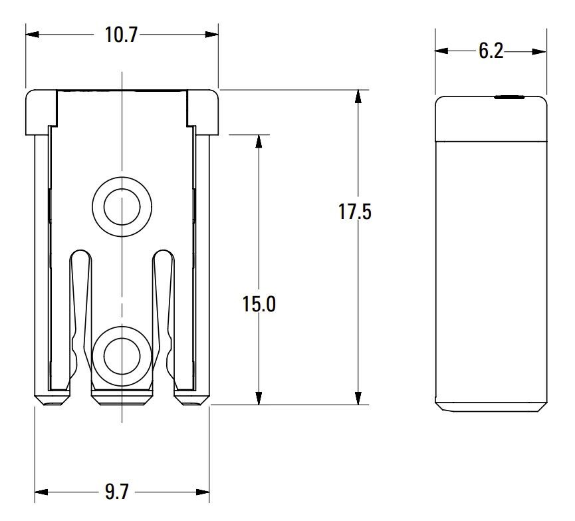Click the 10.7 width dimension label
pyautogui.click(x=121, y=35)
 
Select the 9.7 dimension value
pyautogui.click(x=116, y=492)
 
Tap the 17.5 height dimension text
pyautogui.click(x=354, y=212)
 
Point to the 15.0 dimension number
pyautogui.click(x=259, y=304)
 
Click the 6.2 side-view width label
pyautogui.click(x=491, y=51)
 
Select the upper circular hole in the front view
pyautogui.click(x=121, y=206)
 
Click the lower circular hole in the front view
pyautogui.click(x=121, y=355)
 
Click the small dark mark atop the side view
pyautogui.click(x=509, y=97)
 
